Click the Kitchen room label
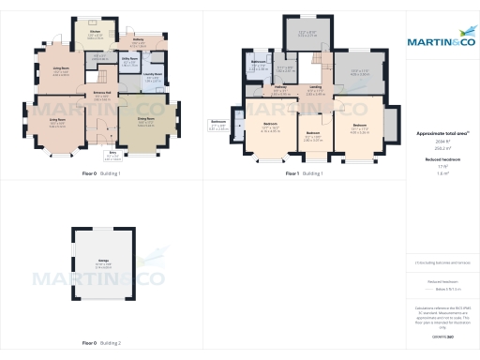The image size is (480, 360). [95, 32]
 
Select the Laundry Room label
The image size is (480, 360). [152, 73]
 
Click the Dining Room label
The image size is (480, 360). [146, 119]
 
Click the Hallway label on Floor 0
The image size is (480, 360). [138, 39]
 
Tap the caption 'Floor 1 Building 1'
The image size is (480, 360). [304, 173]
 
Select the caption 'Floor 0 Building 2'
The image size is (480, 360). [101, 343]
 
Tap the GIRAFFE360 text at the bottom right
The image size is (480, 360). [442, 335]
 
